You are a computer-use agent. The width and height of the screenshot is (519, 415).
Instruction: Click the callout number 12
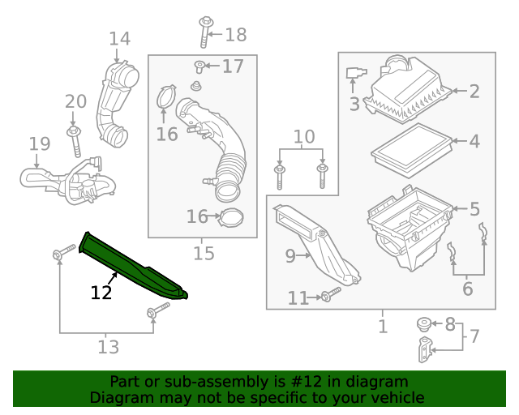(101, 293)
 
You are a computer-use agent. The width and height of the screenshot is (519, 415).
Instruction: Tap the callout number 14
(119, 38)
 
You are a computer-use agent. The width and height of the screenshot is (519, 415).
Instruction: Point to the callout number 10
(303, 136)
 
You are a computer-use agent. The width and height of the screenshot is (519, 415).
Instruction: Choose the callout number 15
(204, 254)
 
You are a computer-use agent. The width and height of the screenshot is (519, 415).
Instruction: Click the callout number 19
(39, 144)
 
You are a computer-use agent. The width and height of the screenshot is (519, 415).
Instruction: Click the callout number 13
(108, 347)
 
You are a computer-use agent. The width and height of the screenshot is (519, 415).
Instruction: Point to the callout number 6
(468, 289)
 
